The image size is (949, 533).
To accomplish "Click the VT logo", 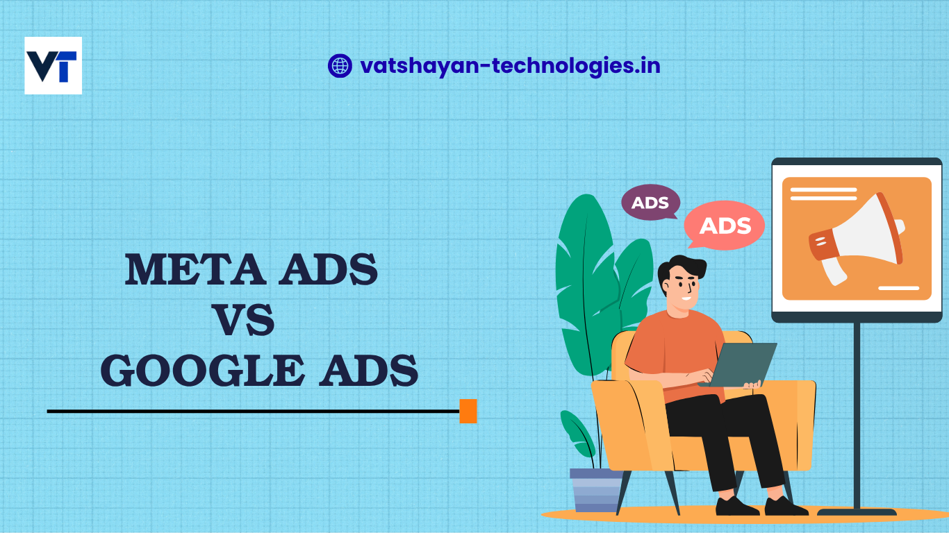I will (53, 66).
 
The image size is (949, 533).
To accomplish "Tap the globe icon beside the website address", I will (340, 66).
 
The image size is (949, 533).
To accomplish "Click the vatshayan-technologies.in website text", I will (510, 66).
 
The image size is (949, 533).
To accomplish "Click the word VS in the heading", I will (242, 321).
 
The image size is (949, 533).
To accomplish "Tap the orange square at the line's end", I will (468, 411).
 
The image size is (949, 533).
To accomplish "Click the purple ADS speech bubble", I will (650, 203).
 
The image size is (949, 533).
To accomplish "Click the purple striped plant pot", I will (596, 489).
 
